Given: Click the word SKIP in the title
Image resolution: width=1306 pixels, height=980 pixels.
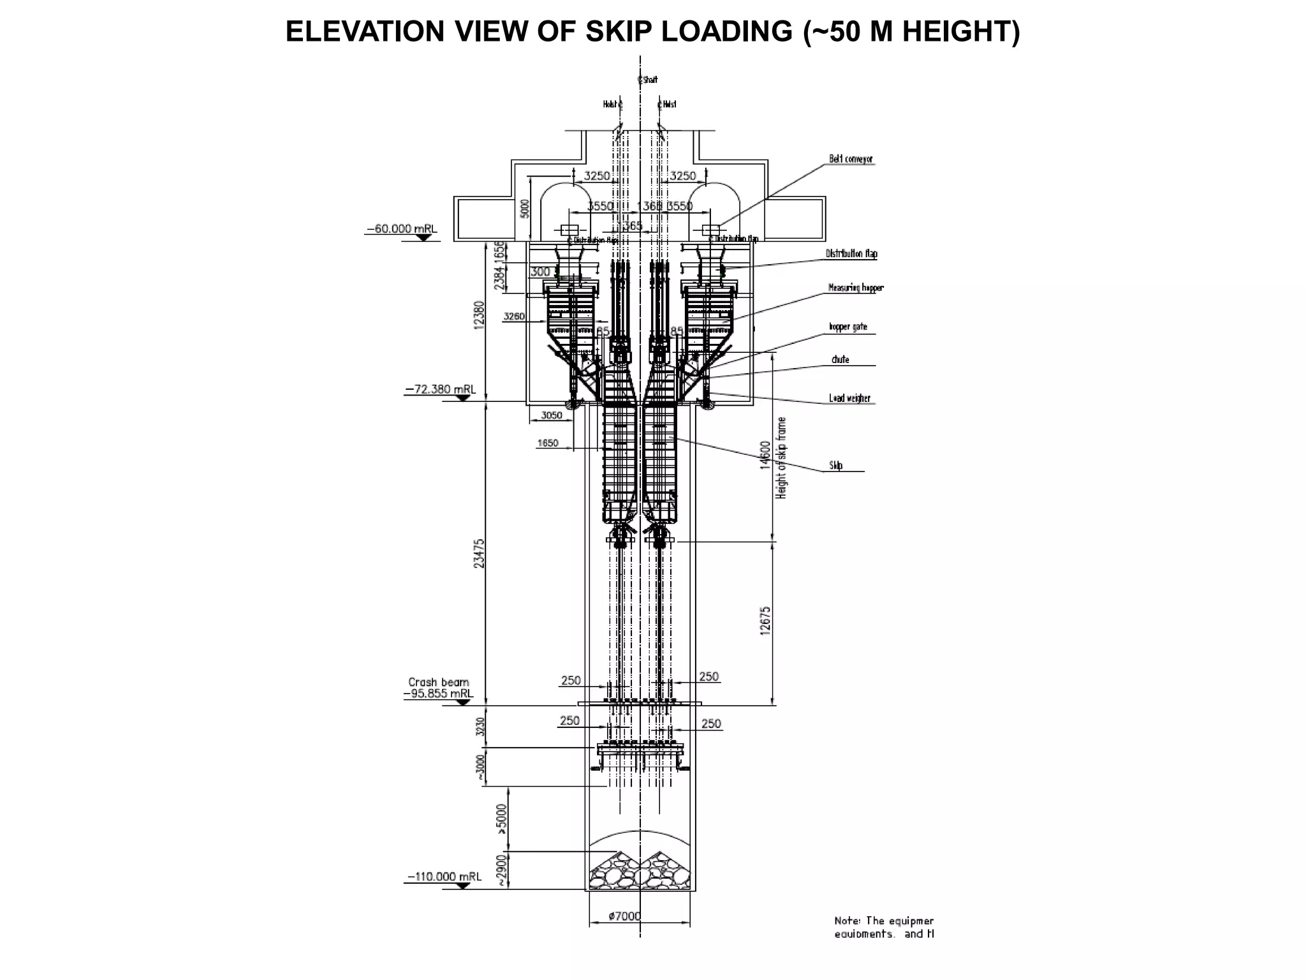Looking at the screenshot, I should click(619, 32).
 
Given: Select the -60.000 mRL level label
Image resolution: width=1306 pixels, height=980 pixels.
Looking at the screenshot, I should click(402, 229).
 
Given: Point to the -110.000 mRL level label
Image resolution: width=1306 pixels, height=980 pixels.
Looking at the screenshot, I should click(444, 877).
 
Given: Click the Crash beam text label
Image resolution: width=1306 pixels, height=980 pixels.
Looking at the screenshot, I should click(439, 682).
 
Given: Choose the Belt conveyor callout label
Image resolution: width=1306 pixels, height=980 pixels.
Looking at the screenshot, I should click(851, 159).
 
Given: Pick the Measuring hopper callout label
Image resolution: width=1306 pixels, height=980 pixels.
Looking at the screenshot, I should click(856, 288).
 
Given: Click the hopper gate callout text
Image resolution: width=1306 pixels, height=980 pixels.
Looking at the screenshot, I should click(847, 327).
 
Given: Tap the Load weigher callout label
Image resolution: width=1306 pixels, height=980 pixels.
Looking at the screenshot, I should click(849, 398).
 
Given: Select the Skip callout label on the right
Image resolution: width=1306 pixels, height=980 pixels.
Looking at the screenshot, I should click(836, 466).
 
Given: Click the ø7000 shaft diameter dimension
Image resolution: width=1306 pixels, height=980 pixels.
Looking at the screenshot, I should click(624, 916).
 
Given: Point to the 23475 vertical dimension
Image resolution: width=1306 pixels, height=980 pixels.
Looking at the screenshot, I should click(480, 553).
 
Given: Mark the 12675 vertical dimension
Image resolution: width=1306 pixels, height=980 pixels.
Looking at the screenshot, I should click(766, 620).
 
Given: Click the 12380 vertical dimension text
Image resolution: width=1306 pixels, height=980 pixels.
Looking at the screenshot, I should click(480, 313).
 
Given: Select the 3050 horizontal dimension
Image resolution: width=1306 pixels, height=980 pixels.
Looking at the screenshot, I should click(552, 415).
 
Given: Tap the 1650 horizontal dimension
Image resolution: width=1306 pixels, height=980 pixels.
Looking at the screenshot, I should click(548, 443).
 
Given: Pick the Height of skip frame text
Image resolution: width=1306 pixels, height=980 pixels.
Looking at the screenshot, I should click(782, 457).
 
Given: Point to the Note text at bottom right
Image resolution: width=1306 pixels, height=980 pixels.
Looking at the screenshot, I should click(884, 927).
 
